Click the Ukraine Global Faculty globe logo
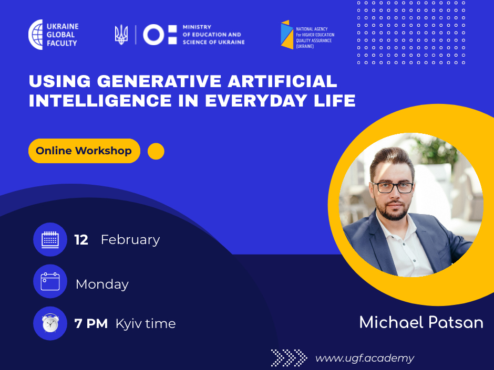coord(36,35)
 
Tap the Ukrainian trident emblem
coord(121,35)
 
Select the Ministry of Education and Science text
coord(213,35)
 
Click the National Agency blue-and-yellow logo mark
coord(287,35)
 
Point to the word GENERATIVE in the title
coord(159,81)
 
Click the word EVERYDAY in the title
coord(256,101)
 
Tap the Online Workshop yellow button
coord(84,151)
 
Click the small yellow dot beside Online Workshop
coord(156,151)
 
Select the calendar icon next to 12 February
coord(50,239)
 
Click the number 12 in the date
coord(81,240)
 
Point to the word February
coord(130,240)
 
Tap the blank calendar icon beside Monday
coord(50,281)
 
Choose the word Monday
coord(102,284)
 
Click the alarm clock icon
coord(50,323)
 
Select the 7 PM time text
coord(91,324)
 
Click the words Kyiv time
coord(146,324)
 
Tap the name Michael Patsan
coord(421,322)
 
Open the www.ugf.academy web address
coord(365,358)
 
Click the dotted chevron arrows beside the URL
coord(289,358)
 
